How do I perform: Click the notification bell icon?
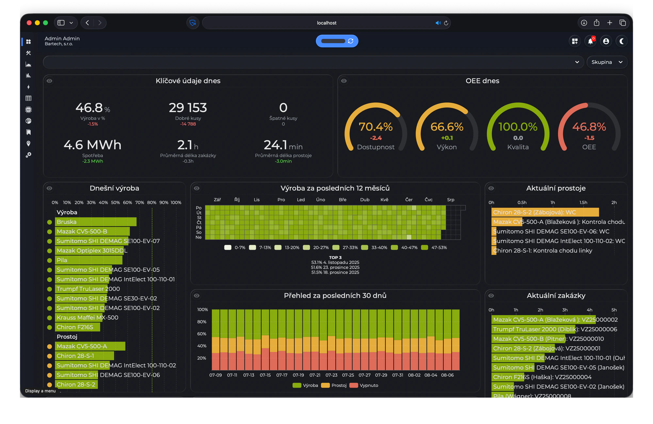pos(590,41)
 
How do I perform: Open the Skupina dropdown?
pos(607,62)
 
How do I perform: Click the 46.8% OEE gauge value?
pos(589,127)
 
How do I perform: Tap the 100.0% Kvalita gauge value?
pos(518,127)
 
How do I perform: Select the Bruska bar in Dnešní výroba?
pos(96,222)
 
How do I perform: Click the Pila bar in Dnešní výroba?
pos(89,260)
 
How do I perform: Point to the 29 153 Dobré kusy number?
pos(188,107)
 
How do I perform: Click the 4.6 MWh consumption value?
pos(92,144)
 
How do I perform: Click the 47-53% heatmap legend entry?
pos(434,248)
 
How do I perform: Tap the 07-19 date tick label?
pos(298,375)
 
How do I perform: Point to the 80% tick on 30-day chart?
pos(202,322)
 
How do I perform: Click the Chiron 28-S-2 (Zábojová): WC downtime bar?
pos(545,212)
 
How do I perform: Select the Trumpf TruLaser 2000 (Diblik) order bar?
pos(534,329)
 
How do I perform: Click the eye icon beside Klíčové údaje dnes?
pos(49,81)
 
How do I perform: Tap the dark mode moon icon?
pos(622,41)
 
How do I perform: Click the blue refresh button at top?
pos(337,41)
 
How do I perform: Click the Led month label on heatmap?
pos(301,200)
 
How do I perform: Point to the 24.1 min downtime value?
pos(283,145)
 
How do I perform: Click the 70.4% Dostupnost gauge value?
pos(375,127)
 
